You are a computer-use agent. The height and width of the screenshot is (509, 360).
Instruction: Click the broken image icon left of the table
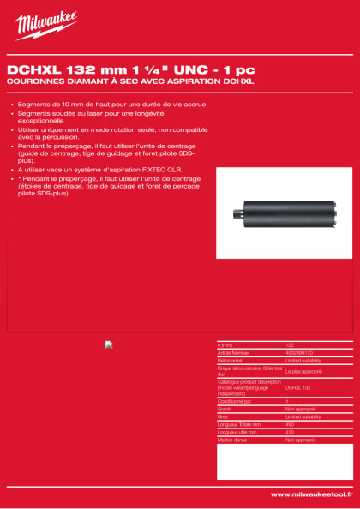pyautogui.click(x=109, y=345)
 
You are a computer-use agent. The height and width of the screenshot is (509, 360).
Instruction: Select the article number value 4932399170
pyautogui.click(x=299, y=352)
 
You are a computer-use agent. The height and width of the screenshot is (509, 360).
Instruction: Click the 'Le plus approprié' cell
pyautogui.click(x=303, y=372)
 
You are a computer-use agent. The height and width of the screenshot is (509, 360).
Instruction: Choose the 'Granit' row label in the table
pyautogui.click(x=225, y=409)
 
